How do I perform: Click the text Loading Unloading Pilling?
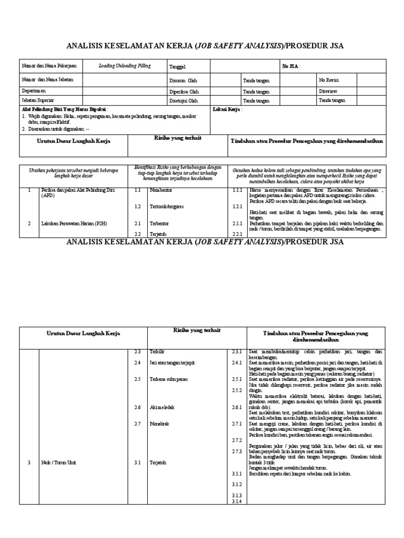125,66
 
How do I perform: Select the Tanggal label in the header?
177,67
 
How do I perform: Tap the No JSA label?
292,66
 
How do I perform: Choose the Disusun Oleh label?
183,80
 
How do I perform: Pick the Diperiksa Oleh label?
184,91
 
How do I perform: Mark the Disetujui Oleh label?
184,100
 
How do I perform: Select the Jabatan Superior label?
37,100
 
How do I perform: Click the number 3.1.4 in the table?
236,501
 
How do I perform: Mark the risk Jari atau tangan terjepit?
171,363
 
